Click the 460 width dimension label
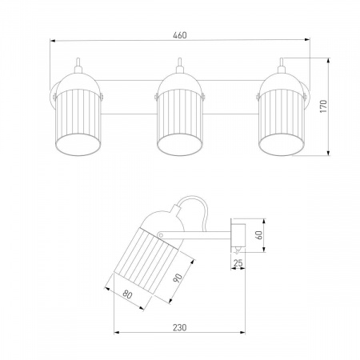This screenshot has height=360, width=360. pos(180,35)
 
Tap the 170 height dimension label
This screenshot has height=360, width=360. pos(323,106)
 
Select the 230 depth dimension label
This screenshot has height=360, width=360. pos(179,327)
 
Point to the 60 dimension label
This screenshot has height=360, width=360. pos(259,235)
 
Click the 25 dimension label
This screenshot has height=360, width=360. pos(238,263)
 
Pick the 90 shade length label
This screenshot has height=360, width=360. pos(178,278)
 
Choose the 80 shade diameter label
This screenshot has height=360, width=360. pos(127,294)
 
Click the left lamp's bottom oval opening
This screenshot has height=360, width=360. pos(78,144)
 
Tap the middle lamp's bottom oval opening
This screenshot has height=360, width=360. pos(179,144)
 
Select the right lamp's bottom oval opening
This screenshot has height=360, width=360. pos(281,144)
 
